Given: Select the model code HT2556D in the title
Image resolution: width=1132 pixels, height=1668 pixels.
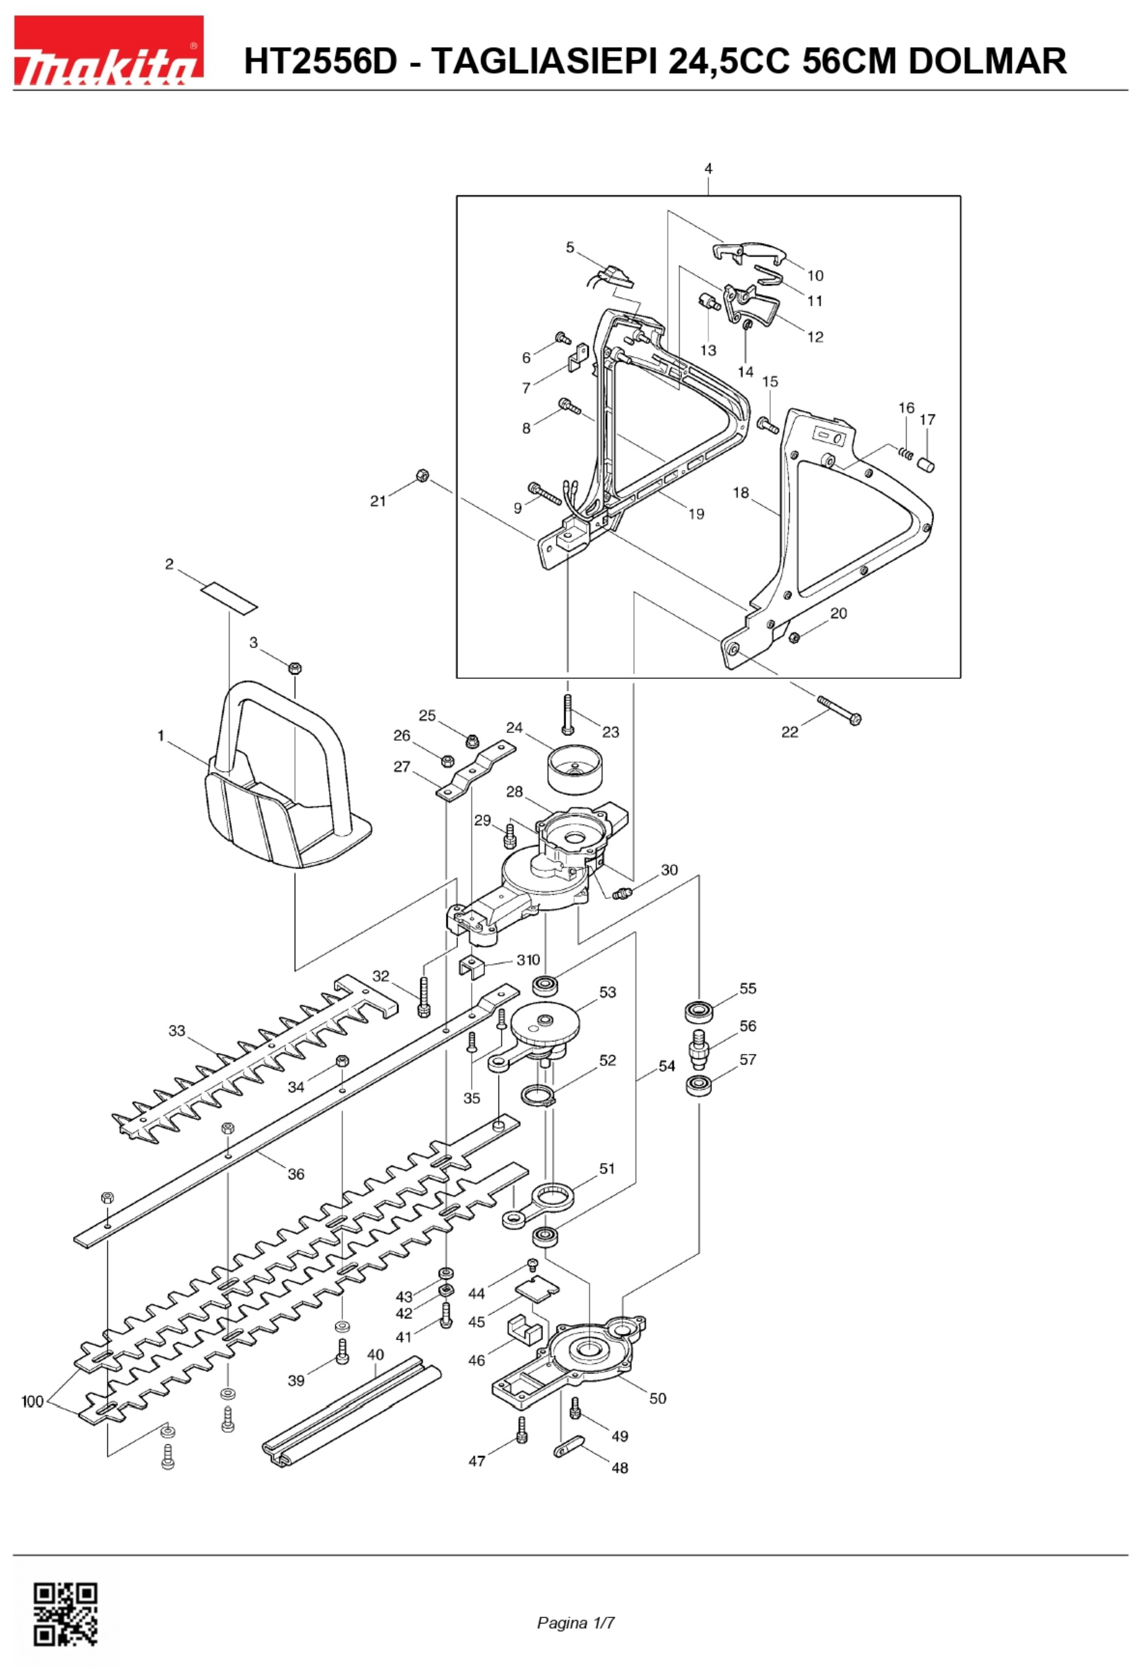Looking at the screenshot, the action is (x=320, y=60).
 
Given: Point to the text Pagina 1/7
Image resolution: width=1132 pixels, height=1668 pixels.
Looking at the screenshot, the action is (x=576, y=1623).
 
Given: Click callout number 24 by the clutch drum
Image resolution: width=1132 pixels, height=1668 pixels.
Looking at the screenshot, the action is (x=514, y=728).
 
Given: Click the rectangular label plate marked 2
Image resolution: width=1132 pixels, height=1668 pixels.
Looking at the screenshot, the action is (x=228, y=597).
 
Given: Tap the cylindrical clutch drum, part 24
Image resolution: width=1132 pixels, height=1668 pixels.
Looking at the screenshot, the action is (x=576, y=770).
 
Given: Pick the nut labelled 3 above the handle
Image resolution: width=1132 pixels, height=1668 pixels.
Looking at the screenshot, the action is (x=294, y=668).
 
